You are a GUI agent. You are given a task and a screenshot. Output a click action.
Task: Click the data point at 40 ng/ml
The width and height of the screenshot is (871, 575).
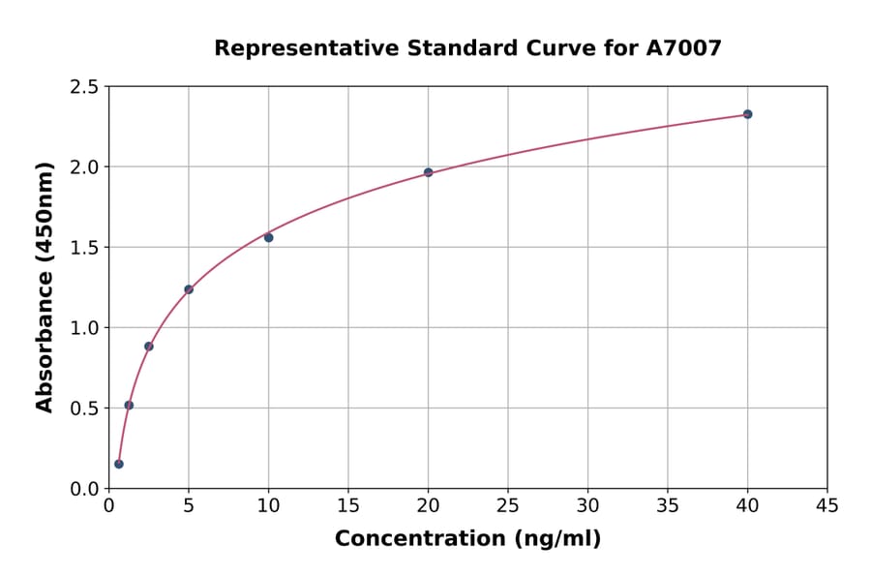tap(747, 114)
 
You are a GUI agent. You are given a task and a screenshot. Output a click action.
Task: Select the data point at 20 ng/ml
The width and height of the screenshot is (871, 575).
tap(428, 172)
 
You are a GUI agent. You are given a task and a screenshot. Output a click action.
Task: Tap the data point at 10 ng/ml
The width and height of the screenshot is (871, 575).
tap(268, 237)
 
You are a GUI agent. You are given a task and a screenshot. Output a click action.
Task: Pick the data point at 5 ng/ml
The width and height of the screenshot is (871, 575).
tap(189, 289)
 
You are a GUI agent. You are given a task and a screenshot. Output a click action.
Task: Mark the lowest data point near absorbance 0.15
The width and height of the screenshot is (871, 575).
tap(119, 464)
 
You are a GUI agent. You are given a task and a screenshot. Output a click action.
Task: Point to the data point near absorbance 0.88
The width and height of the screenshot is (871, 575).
tap(149, 347)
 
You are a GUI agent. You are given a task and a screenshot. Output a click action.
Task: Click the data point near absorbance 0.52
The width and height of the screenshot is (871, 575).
tap(129, 406)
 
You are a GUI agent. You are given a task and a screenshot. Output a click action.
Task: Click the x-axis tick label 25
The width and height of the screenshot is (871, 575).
tap(508, 505)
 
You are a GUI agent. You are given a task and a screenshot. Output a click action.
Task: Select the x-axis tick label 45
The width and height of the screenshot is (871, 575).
tap(827, 505)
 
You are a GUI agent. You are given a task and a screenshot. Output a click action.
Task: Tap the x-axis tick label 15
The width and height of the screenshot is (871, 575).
tap(348, 505)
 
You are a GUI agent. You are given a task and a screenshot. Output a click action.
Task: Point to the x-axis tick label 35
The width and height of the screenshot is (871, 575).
tap(668, 505)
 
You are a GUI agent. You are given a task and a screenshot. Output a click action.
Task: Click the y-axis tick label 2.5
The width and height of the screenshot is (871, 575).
tap(85, 87)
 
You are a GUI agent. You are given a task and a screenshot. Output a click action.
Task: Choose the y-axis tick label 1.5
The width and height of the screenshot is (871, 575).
tap(85, 248)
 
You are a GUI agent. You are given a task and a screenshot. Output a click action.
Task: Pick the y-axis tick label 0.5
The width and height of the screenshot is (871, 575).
tap(85, 409)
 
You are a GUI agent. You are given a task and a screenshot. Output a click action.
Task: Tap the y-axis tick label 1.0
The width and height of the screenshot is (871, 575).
tap(85, 328)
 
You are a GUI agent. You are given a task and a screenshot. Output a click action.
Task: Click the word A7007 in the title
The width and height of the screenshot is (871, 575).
tap(683, 47)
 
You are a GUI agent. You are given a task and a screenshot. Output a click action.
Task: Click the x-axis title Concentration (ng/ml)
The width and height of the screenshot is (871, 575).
tap(467, 539)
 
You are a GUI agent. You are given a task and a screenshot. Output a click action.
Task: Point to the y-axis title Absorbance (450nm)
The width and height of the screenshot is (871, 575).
tap(45, 287)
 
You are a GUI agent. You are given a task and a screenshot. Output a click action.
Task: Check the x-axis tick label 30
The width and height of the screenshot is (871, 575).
tap(587, 505)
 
